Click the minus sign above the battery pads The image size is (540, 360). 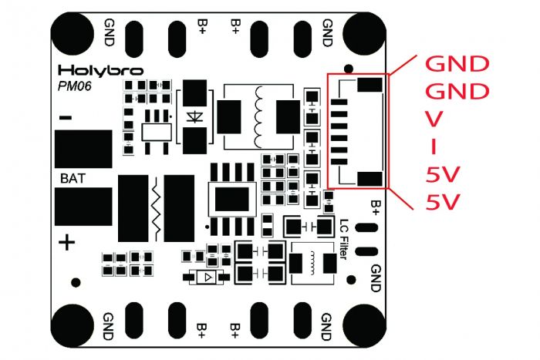(x=66, y=118)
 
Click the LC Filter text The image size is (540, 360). (x=345, y=239)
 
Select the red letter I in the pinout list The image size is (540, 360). (x=434, y=146)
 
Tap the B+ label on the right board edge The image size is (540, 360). (x=376, y=207)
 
